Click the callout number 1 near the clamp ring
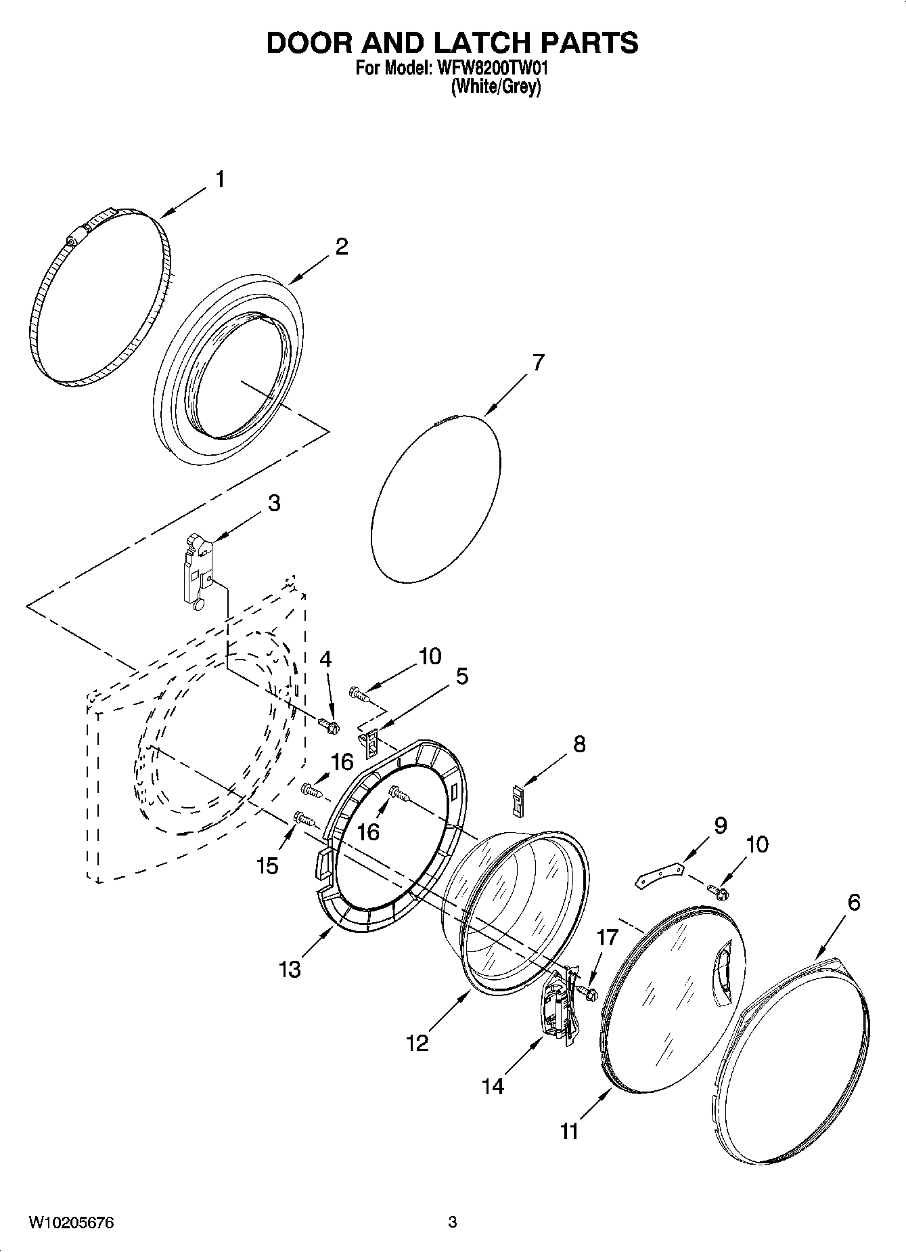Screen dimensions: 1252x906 [220, 179]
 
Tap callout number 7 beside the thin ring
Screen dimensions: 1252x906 [537, 363]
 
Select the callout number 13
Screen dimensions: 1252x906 [290, 970]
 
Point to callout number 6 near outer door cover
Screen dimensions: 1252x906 [853, 902]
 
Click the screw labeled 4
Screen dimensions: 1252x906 [329, 726]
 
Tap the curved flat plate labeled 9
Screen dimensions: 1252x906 [660, 874]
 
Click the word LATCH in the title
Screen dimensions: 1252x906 [477, 43]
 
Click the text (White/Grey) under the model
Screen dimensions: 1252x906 [495, 87]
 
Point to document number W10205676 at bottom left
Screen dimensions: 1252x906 [71, 1222]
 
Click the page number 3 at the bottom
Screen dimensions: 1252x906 [452, 1222]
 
